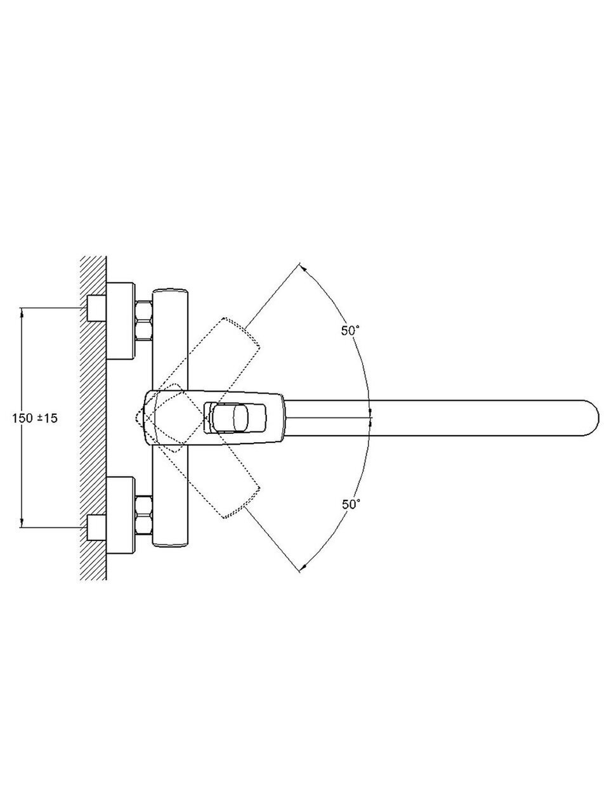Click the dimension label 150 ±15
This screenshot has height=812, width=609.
pos(35,419)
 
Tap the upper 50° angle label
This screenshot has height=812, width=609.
pos(350,331)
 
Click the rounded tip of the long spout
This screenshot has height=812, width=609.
pos(592,418)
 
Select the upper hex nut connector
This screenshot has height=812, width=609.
pos(144,321)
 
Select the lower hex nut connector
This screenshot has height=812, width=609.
pos(144,515)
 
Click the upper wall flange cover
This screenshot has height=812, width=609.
pos(120,321)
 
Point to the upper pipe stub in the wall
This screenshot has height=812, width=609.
pos(96,308)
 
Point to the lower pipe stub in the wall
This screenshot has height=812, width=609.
pos(96,528)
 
